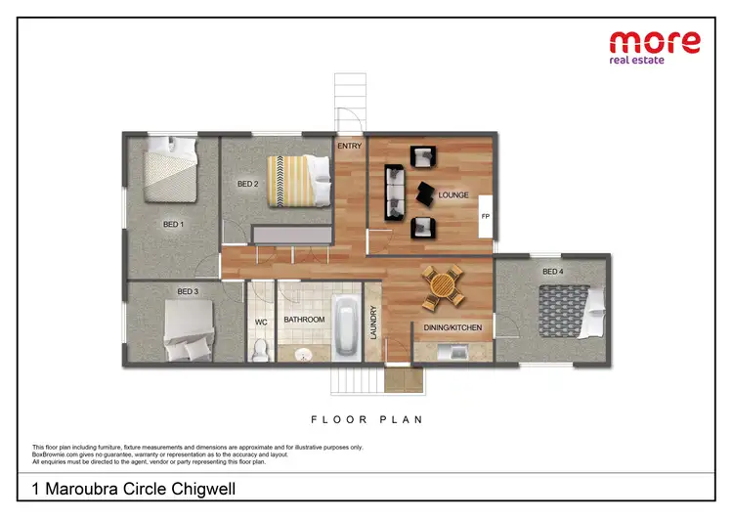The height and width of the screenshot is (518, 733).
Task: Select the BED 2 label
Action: tap(248, 183)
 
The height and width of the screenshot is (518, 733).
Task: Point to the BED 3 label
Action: tap(188, 291)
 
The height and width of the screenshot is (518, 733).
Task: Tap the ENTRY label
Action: tap(349, 147)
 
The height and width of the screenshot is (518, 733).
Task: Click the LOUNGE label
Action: tap(453, 194)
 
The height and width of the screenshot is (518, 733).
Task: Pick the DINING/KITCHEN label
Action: tap(453, 327)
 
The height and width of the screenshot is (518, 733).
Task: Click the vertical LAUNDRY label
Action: tap(372, 323)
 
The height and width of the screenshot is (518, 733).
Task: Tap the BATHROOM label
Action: tap(304, 320)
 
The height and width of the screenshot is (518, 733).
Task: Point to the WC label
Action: tap(261, 321)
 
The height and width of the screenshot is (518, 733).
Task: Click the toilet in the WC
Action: tap(261, 348)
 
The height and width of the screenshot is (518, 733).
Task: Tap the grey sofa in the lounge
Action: tap(393, 191)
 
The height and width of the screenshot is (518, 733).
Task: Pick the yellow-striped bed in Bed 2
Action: tap(293, 180)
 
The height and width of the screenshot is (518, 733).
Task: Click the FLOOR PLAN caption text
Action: tap(366, 419)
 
